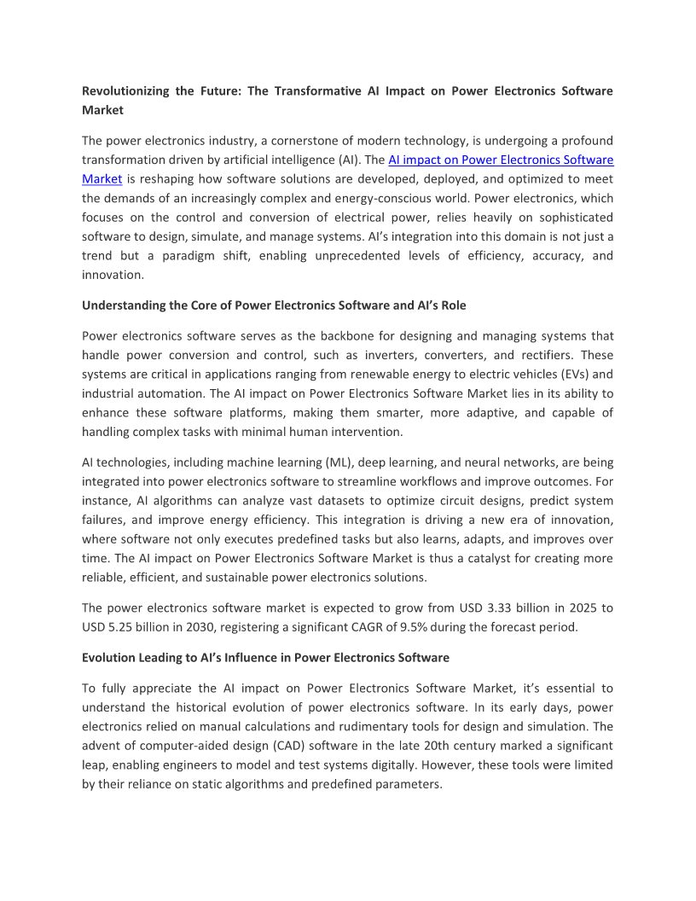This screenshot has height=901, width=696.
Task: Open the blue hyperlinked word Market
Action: coord(102,179)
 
